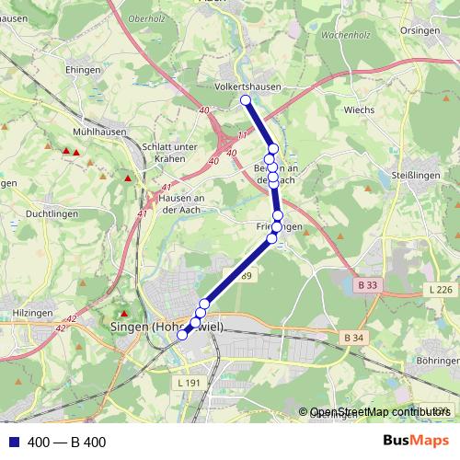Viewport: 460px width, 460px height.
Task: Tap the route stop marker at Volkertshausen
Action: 245,100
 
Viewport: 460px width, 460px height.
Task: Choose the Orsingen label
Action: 419,29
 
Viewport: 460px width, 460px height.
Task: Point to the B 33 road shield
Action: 367,285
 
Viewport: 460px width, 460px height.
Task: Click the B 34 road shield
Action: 352,339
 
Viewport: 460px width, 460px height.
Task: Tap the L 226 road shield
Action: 440,291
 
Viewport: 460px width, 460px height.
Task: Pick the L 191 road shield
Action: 187,382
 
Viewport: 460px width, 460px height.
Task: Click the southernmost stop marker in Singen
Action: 182,335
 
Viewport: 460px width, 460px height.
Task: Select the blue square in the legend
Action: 11,442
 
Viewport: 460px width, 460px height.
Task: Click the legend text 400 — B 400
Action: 67,442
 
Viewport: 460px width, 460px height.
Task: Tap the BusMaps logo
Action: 416,441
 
